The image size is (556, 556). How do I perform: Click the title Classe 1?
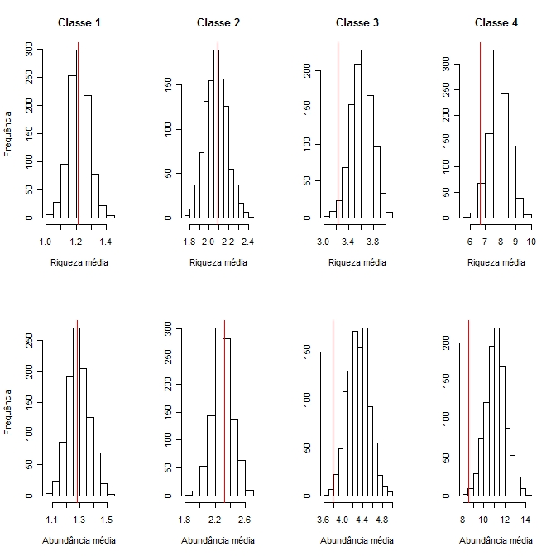point(79,22)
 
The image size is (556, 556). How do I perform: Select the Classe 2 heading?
point(218,22)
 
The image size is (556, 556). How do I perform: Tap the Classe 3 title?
point(357,22)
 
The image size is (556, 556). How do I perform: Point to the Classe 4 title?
point(496,22)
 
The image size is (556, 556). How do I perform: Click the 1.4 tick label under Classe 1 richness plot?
point(105,242)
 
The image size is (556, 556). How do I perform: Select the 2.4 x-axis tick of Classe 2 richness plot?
point(247,242)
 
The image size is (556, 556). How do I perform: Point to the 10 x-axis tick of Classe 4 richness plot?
point(531,242)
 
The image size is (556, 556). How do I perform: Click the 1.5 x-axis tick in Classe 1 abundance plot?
point(106,520)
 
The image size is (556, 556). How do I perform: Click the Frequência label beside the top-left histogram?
point(8,132)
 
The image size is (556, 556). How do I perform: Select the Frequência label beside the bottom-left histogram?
point(8,410)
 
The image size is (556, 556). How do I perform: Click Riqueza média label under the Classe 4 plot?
point(496,262)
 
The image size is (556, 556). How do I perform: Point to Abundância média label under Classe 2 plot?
point(218,540)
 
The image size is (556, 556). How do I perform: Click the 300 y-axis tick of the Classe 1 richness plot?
point(30,50)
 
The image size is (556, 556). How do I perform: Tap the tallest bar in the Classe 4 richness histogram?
point(497,132)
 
